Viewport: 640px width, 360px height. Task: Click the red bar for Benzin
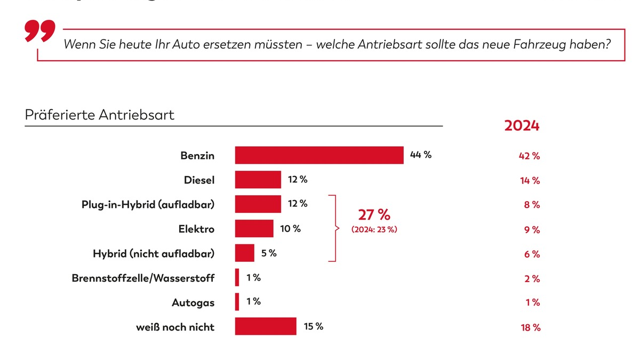click(x=319, y=155)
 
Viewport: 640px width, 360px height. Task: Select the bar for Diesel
click(x=258, y=180)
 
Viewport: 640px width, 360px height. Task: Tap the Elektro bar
click(x=254, y=229)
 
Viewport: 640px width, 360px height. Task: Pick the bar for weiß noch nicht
click(x=265, y=326)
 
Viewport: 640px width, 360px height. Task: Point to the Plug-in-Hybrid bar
click(x=258, y=204)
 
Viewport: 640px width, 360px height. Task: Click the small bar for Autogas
click(x=237, y=302)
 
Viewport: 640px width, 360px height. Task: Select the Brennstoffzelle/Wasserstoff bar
click(x=237, y=277)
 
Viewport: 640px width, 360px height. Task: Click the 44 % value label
click(x=420, y=155)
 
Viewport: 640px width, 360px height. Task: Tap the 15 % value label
click(x=313, y=326)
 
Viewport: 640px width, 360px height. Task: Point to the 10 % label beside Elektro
click(x=290, y=229)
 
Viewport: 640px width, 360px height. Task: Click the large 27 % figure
click(x=374, y=215)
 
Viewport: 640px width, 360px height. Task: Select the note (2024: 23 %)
click(x=374, y=229)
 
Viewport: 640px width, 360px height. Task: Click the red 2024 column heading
click(x=522, y=126)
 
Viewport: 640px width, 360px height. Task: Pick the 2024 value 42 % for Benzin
click(x=530, y=156)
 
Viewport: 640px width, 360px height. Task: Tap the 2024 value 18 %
click(x=530, y=327)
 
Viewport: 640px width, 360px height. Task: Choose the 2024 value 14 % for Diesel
click(x=530, y=181)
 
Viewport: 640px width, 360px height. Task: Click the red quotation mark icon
click(x=40, y=32)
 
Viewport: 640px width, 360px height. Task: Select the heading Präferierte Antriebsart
click(x=100, y=115)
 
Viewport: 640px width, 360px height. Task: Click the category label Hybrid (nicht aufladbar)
click(x=154, y=254)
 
